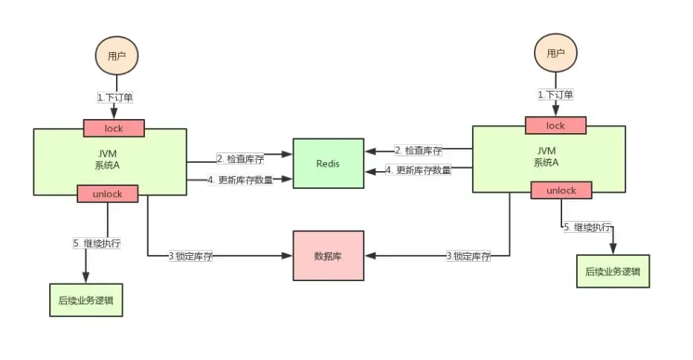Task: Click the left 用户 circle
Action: pos(117,56)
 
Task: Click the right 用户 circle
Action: pos(555,53)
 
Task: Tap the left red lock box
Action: pos(114,128)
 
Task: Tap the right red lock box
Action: pos(555,126)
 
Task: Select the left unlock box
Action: pos(109,193)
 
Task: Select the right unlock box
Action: pos(561,190)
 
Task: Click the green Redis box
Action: pos(328,163)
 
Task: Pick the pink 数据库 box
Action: pos(328,255)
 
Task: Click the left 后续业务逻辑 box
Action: pos(86,301)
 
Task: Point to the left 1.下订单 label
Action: pos(115,97)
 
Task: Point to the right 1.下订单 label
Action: pos(555,94)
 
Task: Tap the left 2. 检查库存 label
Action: pos(240,158)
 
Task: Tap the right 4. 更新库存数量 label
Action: pos(418,170)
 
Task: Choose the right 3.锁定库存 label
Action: pos(468,256)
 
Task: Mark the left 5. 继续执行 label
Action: pos(97,243)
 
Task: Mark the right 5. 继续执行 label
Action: pos(587,227)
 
